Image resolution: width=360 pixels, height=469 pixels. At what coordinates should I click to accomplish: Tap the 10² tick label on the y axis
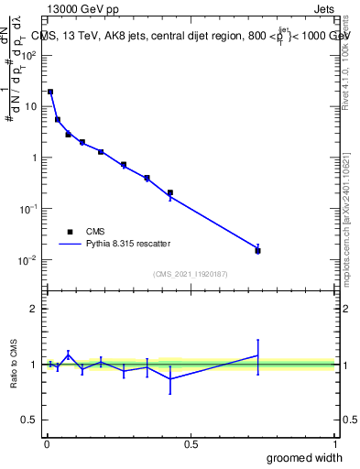(29, 55)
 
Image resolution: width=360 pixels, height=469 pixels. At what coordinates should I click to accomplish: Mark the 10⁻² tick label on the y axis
(29, 260)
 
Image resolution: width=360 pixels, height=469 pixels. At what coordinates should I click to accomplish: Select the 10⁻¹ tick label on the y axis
(29, 209)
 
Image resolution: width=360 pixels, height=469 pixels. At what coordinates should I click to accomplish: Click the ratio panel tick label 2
(33, 309)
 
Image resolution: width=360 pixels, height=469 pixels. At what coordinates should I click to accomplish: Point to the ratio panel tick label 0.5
(29, 420)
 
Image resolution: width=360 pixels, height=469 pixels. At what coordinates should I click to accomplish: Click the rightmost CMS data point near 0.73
(257, 250)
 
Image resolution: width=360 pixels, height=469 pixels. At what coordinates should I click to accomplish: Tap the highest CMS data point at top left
(50, 92)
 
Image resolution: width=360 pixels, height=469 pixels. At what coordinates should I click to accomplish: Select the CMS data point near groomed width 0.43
(170, 192)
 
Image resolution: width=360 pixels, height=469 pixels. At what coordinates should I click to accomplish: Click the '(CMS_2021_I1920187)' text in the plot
(191, 274)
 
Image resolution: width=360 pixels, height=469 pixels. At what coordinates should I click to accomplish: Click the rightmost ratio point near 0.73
(257, 355)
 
